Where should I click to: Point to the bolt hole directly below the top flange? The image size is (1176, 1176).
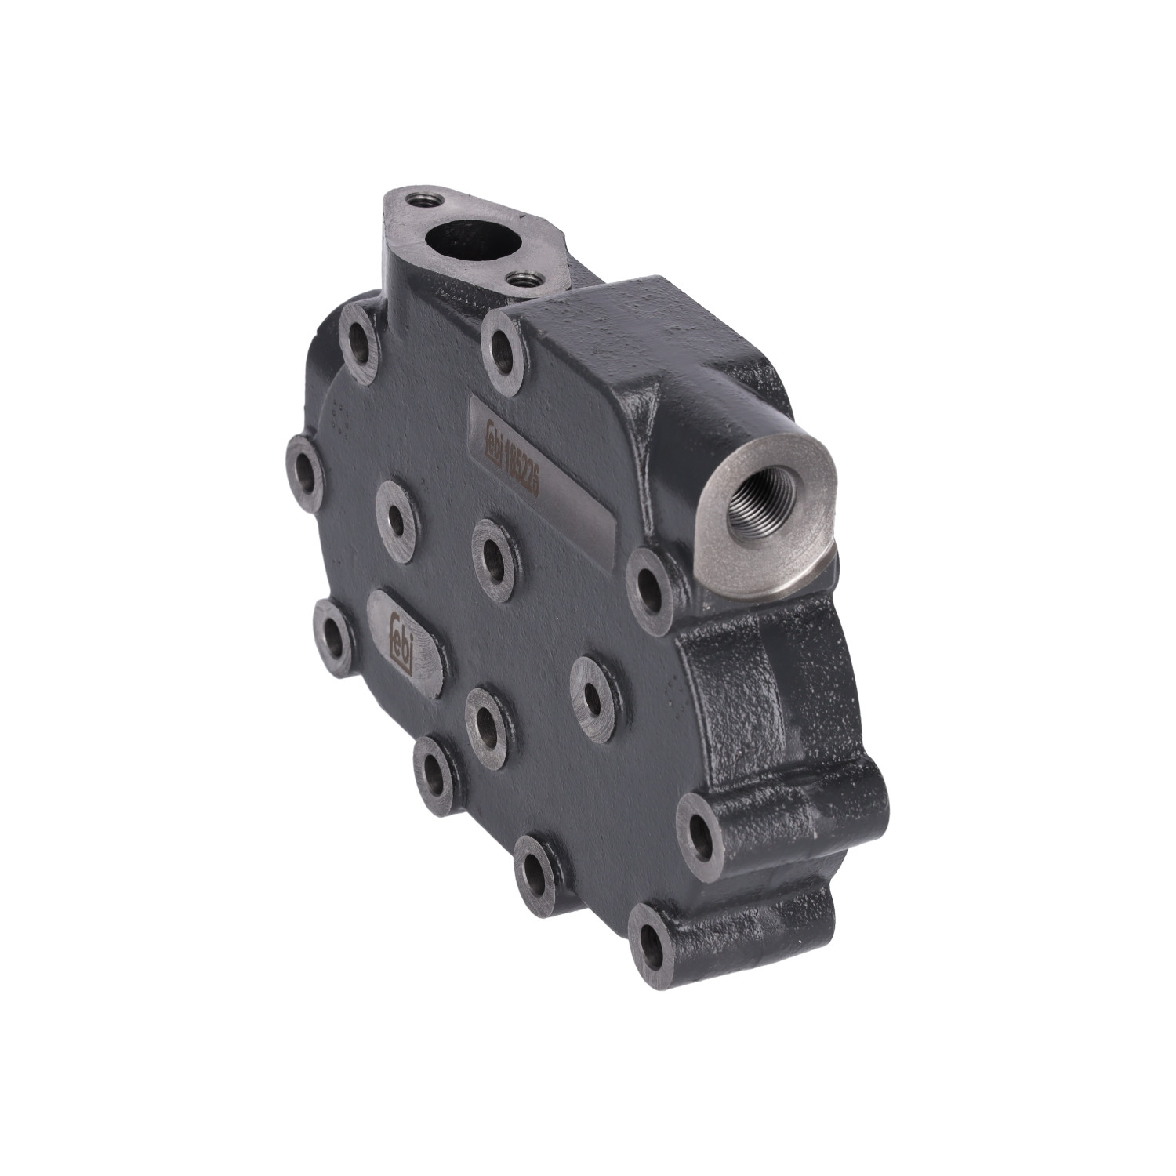coord(359,343)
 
